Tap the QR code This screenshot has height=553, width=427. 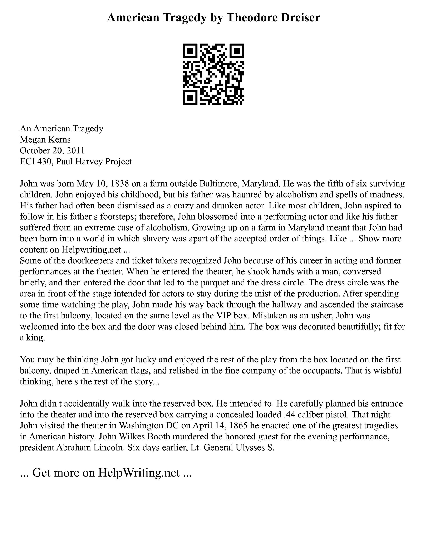click(213, 74)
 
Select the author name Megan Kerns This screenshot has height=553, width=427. click(45, 140)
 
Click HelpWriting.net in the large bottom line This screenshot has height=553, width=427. click(139, 473)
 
